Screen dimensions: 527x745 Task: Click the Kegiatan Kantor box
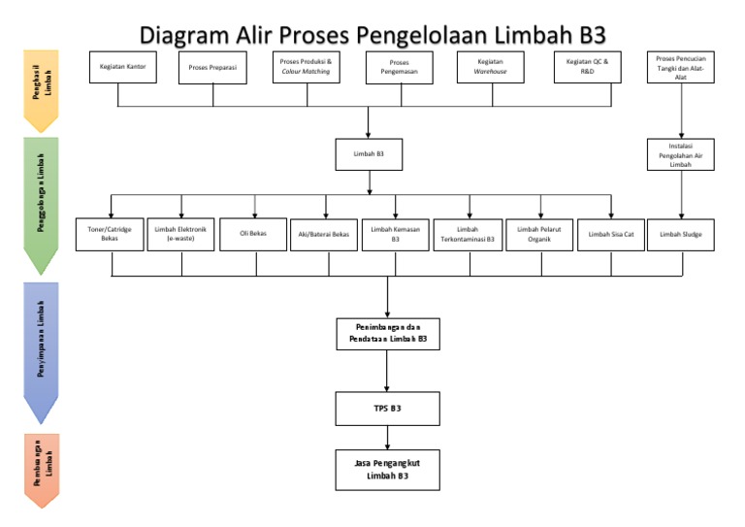122,67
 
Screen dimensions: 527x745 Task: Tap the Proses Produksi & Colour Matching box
306,67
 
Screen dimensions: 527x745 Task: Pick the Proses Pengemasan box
399,68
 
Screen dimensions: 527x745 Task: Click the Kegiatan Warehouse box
491,67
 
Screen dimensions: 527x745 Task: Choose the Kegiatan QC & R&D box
587,67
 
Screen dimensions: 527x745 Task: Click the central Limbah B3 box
368,153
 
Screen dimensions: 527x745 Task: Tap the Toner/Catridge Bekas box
110,234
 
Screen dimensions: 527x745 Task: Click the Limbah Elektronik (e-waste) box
180,234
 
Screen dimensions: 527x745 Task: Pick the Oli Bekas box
253,234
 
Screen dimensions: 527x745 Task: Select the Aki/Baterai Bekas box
325,234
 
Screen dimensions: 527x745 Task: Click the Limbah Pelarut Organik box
539,234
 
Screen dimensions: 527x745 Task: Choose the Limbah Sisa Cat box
611,234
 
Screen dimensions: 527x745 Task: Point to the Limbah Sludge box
681,234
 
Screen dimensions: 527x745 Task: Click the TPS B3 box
387,409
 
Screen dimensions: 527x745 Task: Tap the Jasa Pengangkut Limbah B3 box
387,470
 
